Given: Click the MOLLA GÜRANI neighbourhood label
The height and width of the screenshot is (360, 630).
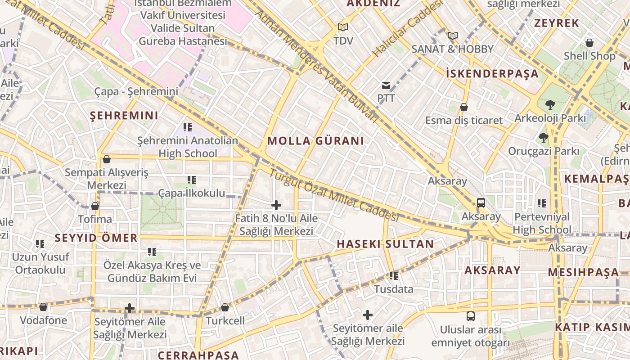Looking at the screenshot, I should [x=315, y=141].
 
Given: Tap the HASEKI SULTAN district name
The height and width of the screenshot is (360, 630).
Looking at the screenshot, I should [x=385, y=244].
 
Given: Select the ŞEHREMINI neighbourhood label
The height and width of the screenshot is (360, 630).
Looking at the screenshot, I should [x=124, y=116].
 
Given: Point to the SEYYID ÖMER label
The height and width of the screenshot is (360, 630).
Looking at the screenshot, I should [x=96, y=238].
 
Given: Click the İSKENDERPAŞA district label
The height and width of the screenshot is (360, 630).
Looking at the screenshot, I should [x=492, y=74].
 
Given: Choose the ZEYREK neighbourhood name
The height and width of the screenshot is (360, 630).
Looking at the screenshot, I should [x=556, y=23].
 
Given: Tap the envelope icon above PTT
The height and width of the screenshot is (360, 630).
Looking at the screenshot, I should [x=386, y=85].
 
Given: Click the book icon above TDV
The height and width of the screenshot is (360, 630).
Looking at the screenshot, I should [x=343, y=27].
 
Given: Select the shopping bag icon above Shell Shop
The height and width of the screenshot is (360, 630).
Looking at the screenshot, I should [x=589, y=43].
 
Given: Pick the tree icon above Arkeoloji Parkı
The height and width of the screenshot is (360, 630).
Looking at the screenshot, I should [x=549, y=105].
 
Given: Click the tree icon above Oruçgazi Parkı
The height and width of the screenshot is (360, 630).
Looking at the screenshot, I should [x=544, y=138].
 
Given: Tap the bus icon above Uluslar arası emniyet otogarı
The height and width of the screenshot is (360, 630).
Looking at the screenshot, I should [x=470, y=316].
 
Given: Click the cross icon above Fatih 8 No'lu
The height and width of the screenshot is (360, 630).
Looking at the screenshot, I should [x=276, y=206].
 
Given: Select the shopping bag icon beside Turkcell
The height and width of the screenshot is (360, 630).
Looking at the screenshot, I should [x=225, y=307].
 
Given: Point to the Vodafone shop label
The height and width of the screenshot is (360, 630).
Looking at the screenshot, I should [x=43, y=320].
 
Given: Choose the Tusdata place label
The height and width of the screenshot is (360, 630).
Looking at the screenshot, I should [x=394, y=289].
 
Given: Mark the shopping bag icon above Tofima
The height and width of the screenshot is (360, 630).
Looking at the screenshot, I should [x=95, y=206].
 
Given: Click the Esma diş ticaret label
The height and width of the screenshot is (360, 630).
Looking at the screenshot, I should [x=464, y=121].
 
